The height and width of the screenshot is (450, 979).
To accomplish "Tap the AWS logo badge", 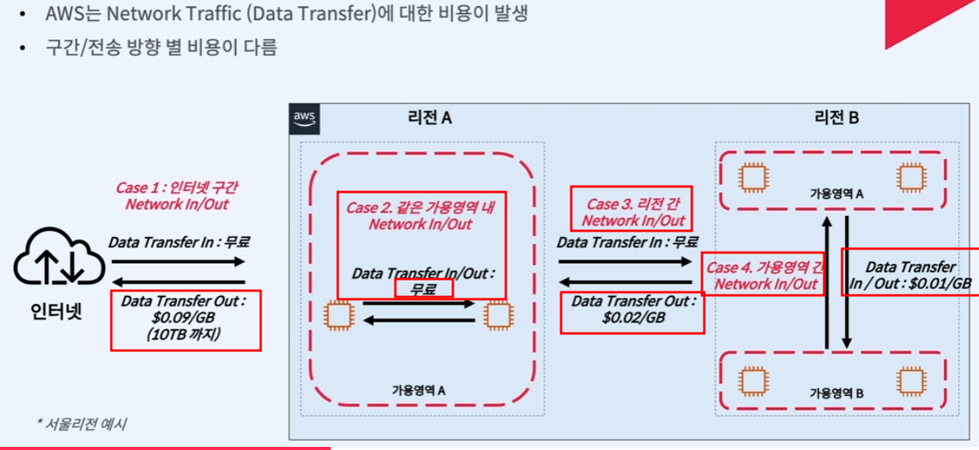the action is tap(304, 119).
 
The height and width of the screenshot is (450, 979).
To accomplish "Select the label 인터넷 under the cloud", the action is tap(56, 312).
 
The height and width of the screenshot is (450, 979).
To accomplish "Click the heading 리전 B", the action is tap(837, 118).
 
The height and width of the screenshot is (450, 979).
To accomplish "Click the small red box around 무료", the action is tap(424, 289).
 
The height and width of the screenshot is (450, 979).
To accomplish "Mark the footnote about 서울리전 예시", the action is tap(82, 424).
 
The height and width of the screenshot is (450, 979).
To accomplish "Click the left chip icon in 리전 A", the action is tap(339, 315).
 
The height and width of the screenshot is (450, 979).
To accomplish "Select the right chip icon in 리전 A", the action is tap(496, 315).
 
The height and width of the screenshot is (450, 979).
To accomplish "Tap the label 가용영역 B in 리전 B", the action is tap(837, 393).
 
